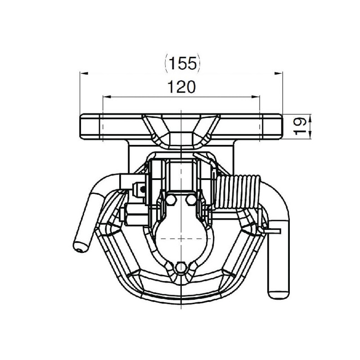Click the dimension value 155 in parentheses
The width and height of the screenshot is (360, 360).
[x=183, y=63]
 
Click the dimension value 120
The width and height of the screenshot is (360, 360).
[x=182, y=87]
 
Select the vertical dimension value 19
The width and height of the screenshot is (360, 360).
[x=300, y=126]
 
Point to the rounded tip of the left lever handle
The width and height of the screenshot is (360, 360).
[x=81, y=247]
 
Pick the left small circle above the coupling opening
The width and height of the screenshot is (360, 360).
[x=171, y=200]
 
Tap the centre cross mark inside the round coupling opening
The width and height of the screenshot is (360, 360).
[x=181, y=239]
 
